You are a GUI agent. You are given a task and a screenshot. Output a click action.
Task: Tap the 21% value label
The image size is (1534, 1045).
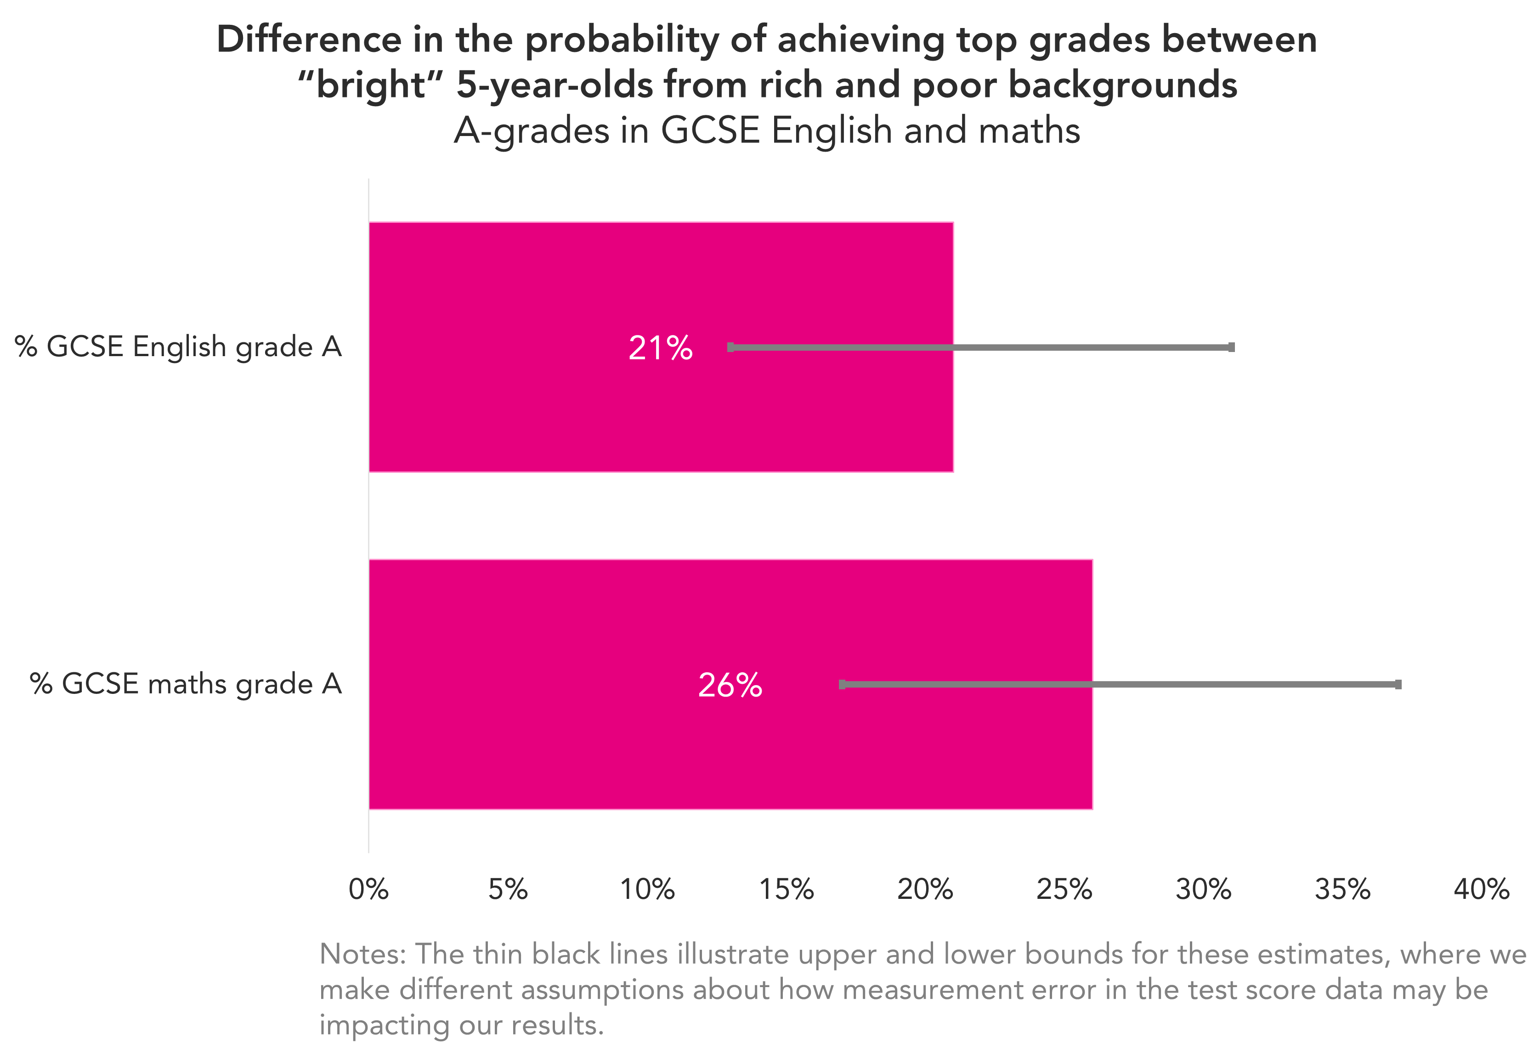click(660, 348)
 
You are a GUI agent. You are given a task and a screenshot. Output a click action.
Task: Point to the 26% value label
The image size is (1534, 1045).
click(730, 685)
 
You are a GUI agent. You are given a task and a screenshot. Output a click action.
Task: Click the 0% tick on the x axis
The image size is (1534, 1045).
click(368, 889)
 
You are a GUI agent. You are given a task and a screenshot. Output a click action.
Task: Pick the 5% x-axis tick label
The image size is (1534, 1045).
click(508, 889)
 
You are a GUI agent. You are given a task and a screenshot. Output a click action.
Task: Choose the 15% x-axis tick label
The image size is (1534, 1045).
click(786, 889)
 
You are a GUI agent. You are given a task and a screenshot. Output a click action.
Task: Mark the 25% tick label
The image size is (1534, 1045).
click(1064, 889)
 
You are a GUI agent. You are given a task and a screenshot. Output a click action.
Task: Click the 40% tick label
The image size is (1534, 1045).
click(1481, 889)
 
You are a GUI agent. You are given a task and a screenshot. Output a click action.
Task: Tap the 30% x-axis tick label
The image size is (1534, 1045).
click(1203, 889)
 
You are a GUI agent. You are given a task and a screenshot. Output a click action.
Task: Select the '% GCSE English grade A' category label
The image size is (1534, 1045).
click(178, 346)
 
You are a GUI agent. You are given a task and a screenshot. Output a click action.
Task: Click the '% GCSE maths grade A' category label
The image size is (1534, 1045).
click(186, 683)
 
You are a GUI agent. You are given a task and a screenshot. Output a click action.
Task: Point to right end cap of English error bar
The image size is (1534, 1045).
click(1231, 347)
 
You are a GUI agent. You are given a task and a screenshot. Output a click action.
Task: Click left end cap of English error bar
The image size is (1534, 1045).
click(730, 347)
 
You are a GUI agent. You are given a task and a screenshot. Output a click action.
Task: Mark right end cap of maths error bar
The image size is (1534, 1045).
click(1398, 684)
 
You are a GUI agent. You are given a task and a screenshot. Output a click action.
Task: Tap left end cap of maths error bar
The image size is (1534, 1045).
click(842, 684)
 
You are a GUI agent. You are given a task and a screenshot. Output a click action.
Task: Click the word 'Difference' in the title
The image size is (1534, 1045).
click(308, 40)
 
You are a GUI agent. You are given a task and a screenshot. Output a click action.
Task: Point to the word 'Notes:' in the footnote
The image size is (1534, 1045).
click(362, 954)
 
